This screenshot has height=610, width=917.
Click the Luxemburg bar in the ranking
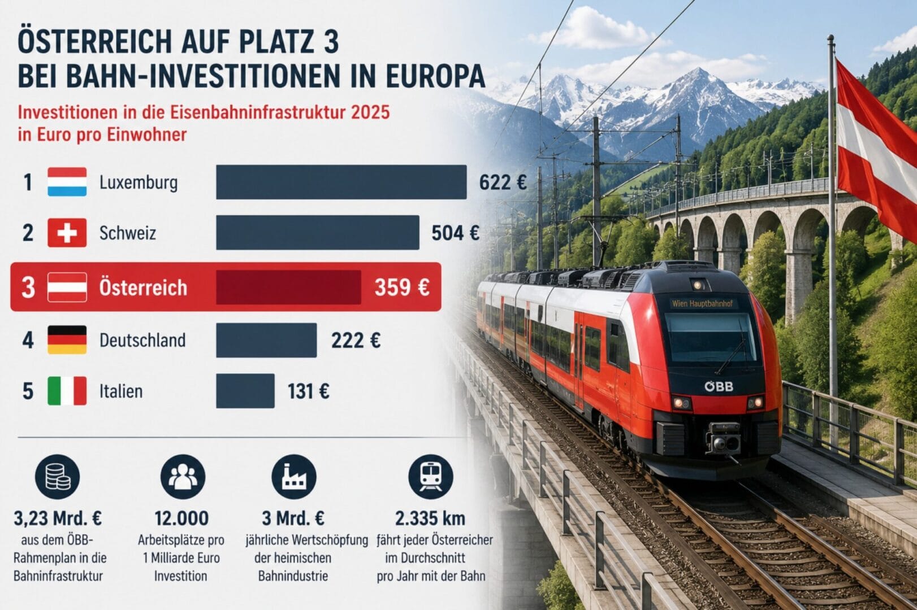pos(341,182)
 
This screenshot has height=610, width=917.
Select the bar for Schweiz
pos(318,232)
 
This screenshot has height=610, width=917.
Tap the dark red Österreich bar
pos(288,287)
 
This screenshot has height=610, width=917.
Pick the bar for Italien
pos(245,391)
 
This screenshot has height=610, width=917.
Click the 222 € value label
pos(356,341)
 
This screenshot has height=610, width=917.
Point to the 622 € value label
pos(503,182)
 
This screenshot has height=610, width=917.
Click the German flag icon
pos(67,339)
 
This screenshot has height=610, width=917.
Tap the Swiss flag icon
pos(67,233)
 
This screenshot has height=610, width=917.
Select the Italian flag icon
pos(67,391)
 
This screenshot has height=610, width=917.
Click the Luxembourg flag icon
pos(67,182)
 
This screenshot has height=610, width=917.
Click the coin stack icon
pos(57,477)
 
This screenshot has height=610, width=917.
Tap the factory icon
pos(294,477)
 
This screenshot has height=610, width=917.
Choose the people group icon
pos(183,477)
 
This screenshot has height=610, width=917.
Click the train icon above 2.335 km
pos(431,477)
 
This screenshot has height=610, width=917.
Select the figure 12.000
pos(182,518)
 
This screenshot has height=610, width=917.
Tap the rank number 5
pos(28,391)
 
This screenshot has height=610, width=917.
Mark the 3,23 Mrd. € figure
pos(58,518)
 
